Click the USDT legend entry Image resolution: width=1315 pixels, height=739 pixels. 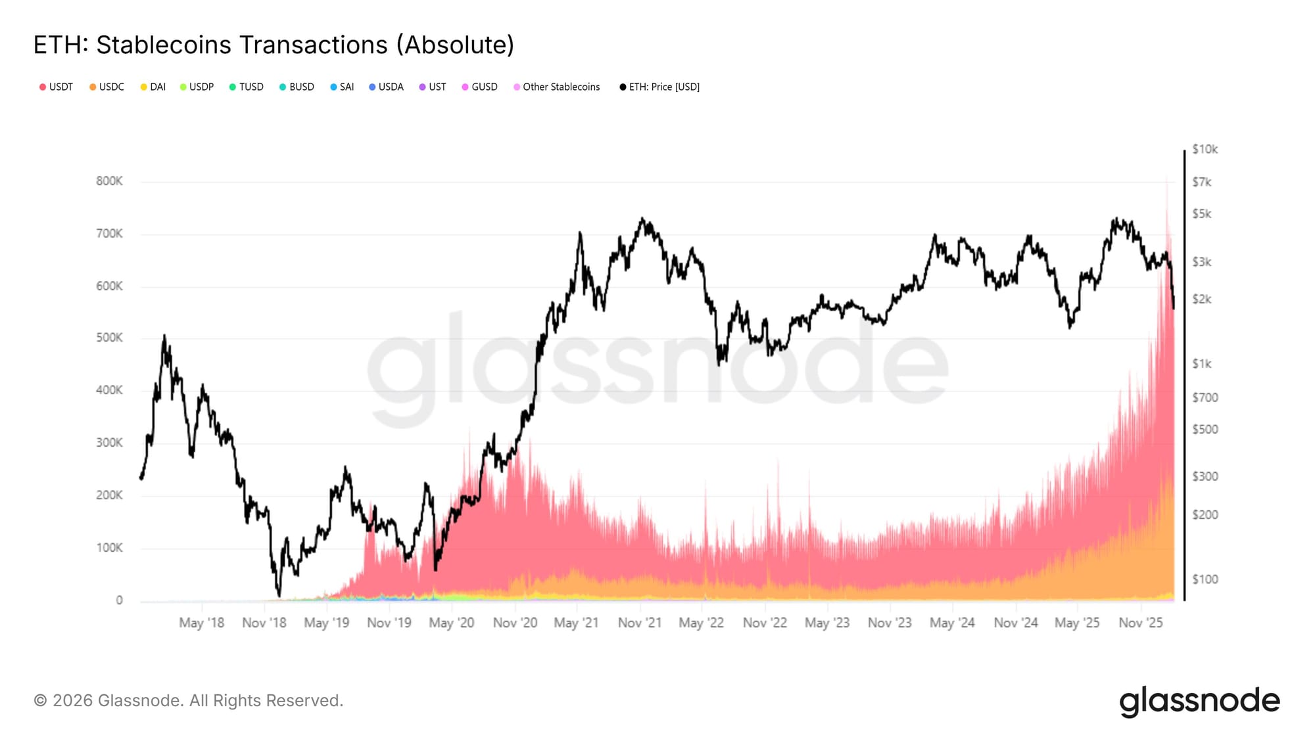57,87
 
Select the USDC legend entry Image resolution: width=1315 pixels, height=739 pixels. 107,87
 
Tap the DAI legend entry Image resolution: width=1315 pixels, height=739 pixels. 153,87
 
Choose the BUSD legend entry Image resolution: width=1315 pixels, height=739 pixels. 297,87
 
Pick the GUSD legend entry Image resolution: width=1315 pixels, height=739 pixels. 480,87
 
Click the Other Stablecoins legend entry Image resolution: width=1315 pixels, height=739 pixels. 557,87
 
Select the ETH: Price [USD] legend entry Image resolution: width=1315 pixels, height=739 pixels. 660,87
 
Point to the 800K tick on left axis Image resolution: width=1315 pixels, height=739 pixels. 109,181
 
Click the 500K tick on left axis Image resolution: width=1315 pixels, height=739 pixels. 109,338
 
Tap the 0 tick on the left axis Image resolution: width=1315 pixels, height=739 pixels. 119,600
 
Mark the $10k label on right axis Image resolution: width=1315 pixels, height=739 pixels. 1205,149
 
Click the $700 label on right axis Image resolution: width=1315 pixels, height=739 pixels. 1205,397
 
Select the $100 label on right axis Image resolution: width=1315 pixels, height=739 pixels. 1205,579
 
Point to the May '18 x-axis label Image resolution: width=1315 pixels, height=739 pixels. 201,623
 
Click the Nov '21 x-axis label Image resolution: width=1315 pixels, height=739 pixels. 639,623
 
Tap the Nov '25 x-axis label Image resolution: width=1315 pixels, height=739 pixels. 1141,623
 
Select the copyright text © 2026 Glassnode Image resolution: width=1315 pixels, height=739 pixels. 188,700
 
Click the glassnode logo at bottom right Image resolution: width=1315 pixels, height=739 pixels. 1199,701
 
